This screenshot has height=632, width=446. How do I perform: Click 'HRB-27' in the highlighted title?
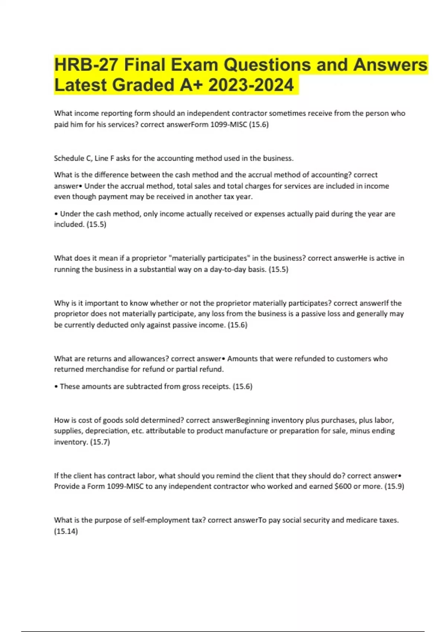point(86,65)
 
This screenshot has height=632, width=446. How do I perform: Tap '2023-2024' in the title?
point(251,85)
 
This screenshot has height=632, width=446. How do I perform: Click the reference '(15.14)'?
point(66,532)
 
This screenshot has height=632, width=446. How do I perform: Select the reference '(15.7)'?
point(100,442)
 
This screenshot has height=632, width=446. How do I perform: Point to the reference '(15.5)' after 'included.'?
point(96,225)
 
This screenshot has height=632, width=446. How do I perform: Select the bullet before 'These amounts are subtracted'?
point(56,387)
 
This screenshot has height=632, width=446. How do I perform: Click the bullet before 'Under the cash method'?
point(56,214)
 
